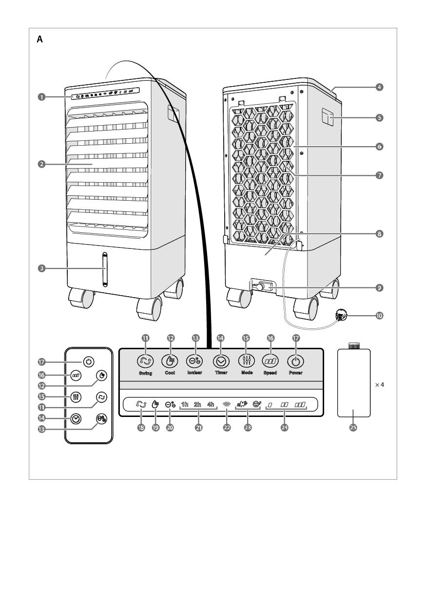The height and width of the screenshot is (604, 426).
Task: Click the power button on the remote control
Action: click(88, 362)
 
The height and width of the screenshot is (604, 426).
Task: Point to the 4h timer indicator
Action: click(211, 404)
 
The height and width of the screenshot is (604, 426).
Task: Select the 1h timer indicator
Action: click(185, 404)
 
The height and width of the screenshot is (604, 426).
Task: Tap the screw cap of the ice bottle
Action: click(353, 346)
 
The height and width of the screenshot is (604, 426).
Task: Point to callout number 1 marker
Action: click(42, 97)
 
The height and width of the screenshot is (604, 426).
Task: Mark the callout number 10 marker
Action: click(379, 315)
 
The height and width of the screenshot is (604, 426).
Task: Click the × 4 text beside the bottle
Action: click(380, 384)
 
